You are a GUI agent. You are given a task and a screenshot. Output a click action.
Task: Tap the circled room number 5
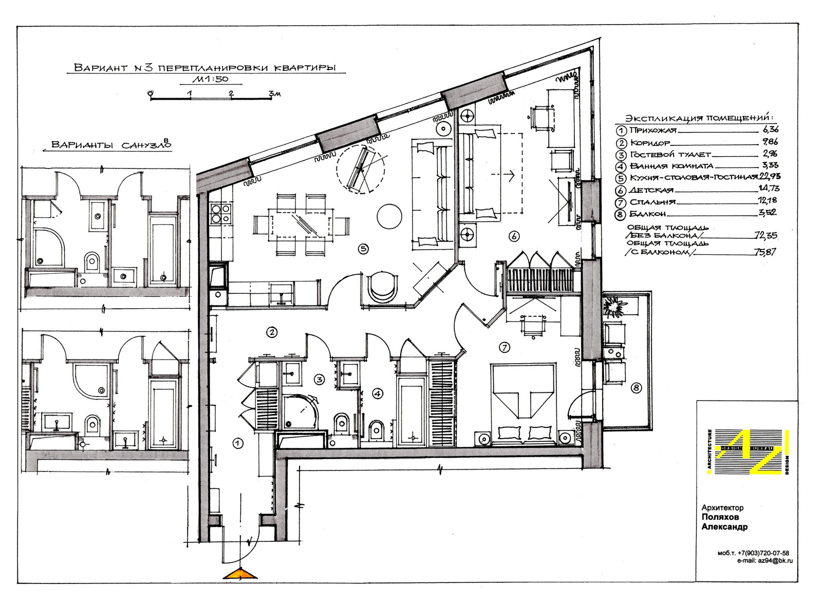[363, 249]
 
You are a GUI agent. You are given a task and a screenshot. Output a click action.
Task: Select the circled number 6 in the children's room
[514, 236]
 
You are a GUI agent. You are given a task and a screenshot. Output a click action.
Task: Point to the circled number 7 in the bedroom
[505, 347]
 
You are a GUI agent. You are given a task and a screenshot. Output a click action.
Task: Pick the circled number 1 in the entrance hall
[238, 443]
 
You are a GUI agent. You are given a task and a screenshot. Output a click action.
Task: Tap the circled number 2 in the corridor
[272, 332]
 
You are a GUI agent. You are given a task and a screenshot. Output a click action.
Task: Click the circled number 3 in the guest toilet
[319, 379]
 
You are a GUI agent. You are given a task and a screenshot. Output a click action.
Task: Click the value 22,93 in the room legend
[769, 177]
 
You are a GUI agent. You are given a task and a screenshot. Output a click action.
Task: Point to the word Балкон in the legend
[648, 214]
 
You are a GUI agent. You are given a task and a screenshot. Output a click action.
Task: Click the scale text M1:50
[210, 79]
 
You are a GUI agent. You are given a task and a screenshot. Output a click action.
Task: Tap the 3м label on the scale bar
[274, 93]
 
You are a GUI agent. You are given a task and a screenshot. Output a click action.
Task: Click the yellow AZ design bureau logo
[748, 452]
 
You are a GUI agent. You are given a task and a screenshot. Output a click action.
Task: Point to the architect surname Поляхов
[720, 518]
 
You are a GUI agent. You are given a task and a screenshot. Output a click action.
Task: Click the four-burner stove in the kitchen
[221, 214]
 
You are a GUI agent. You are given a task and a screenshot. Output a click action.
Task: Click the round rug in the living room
[389, 216]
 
